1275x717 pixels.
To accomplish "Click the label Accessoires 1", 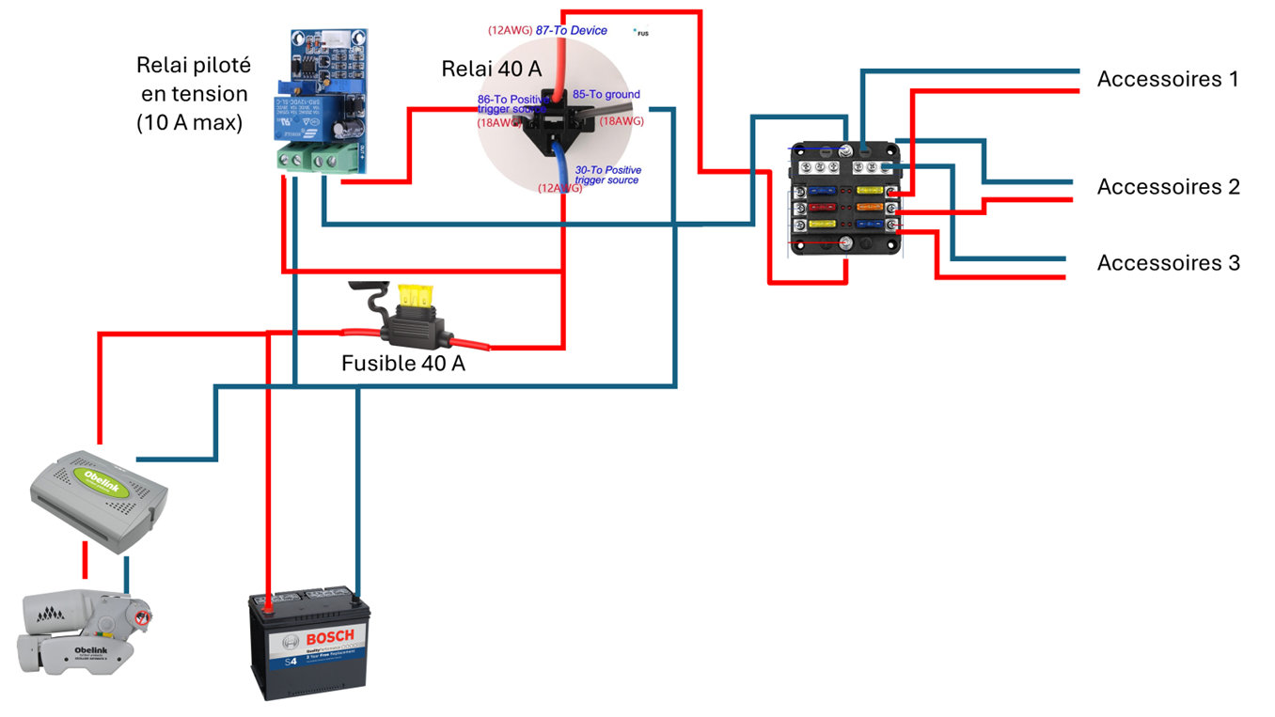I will point(1167,79).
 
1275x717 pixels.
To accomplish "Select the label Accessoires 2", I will point(1168,186).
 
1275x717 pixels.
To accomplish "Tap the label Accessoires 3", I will point(1168,262).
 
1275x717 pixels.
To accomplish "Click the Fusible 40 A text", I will point(402,364).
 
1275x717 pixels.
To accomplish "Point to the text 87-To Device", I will point(571,30).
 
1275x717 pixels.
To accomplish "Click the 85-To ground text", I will point(606,94).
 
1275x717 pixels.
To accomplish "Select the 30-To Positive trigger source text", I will point(607,175).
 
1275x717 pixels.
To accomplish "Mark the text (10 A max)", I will point(189,122).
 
